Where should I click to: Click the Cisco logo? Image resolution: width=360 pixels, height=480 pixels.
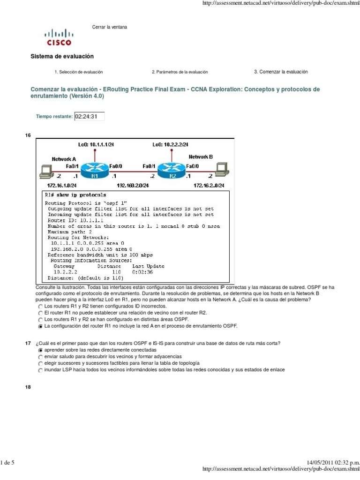click(x=59, y=37)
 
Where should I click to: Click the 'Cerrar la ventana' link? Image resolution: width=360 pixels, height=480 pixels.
click(x=109, y=27)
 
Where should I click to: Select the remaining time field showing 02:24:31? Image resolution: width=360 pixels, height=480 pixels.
click(x=89, y=116)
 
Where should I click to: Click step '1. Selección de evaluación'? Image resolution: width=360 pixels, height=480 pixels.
click(x=79, y=72)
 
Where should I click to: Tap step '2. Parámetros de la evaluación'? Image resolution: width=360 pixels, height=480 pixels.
click(x=180, y=72)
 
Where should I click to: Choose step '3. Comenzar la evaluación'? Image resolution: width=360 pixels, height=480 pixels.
click(x=281, y=72)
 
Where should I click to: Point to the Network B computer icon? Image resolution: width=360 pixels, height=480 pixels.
click(x=222, y=170)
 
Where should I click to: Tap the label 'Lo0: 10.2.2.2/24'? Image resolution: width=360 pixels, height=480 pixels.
click(x=173, y=144)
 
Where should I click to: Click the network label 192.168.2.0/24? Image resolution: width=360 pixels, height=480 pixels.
click(x=133, y=186)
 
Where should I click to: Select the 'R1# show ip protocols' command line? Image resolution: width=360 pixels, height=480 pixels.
click(x=75, y=195)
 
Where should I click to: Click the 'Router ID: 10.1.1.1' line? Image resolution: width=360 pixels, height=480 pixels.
click(x=75, y=219)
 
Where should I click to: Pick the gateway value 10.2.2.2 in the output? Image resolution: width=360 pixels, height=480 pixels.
click(x=65, y=271)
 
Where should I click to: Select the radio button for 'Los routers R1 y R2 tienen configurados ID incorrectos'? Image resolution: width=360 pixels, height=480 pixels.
click(x=40, y=306)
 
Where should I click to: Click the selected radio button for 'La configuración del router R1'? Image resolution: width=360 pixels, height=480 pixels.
click(x=40, y=325)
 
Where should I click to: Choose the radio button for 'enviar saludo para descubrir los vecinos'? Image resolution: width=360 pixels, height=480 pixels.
click(x=40, y=357)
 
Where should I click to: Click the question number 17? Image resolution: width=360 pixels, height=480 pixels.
click(x=28, y=344)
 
